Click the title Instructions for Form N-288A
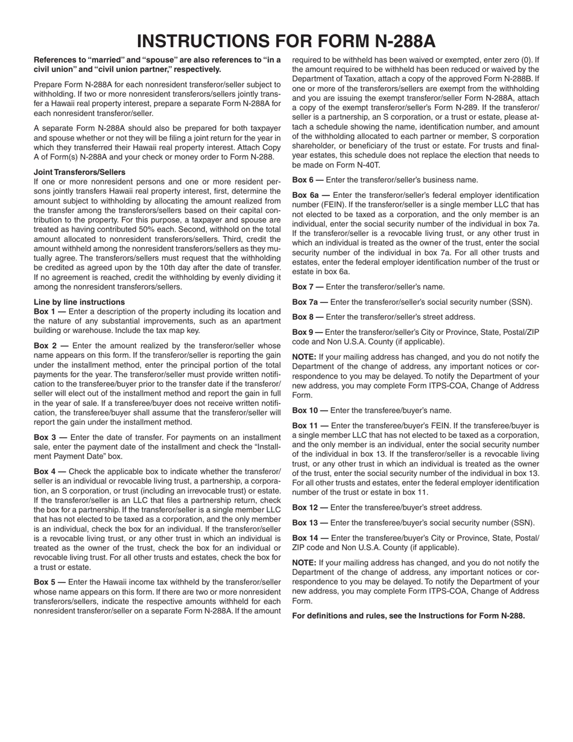point(286,40)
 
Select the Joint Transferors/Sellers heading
point(80,172)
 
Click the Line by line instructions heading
point(79,302)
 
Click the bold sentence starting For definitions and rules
point(408,616)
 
